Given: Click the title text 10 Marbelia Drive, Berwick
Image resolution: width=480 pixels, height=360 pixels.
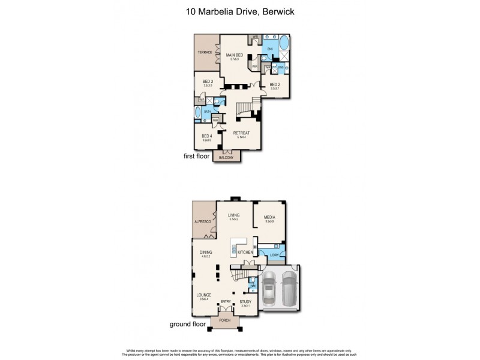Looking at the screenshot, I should pos(240,10).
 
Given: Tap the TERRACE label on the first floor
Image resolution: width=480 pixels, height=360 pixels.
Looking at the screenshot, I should pos(206,53).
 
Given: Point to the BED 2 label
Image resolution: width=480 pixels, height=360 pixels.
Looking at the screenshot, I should pos(275,84).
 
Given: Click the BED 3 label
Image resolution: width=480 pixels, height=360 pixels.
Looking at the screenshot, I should pos(208,82).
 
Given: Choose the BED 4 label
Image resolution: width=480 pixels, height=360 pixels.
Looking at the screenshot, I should pos(207,136).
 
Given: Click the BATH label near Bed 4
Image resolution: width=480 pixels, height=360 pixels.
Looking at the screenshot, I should pos(207,111).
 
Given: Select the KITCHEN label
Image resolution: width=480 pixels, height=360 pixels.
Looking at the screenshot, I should pos(245,253).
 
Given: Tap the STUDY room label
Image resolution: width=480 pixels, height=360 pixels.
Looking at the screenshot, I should pos(245,301).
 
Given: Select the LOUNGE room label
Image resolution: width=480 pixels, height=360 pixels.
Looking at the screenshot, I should pos(203,295).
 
